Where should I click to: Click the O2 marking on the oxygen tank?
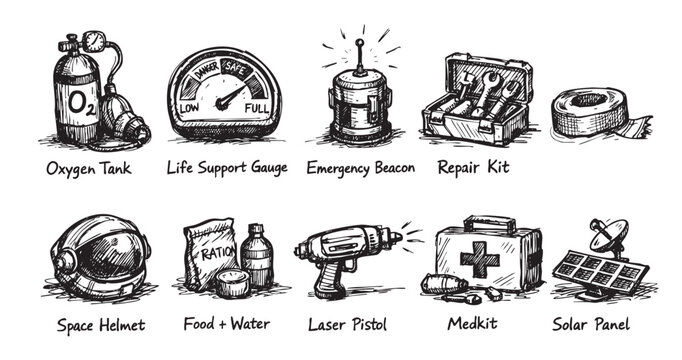[84, 102]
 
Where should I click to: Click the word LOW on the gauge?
[189, 107]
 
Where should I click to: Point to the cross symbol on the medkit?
[480, 259]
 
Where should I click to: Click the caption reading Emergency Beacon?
[361, 167]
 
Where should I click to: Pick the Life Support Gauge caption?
[227, 167]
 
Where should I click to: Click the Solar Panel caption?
[591, 325]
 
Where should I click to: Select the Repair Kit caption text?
[473, 167]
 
